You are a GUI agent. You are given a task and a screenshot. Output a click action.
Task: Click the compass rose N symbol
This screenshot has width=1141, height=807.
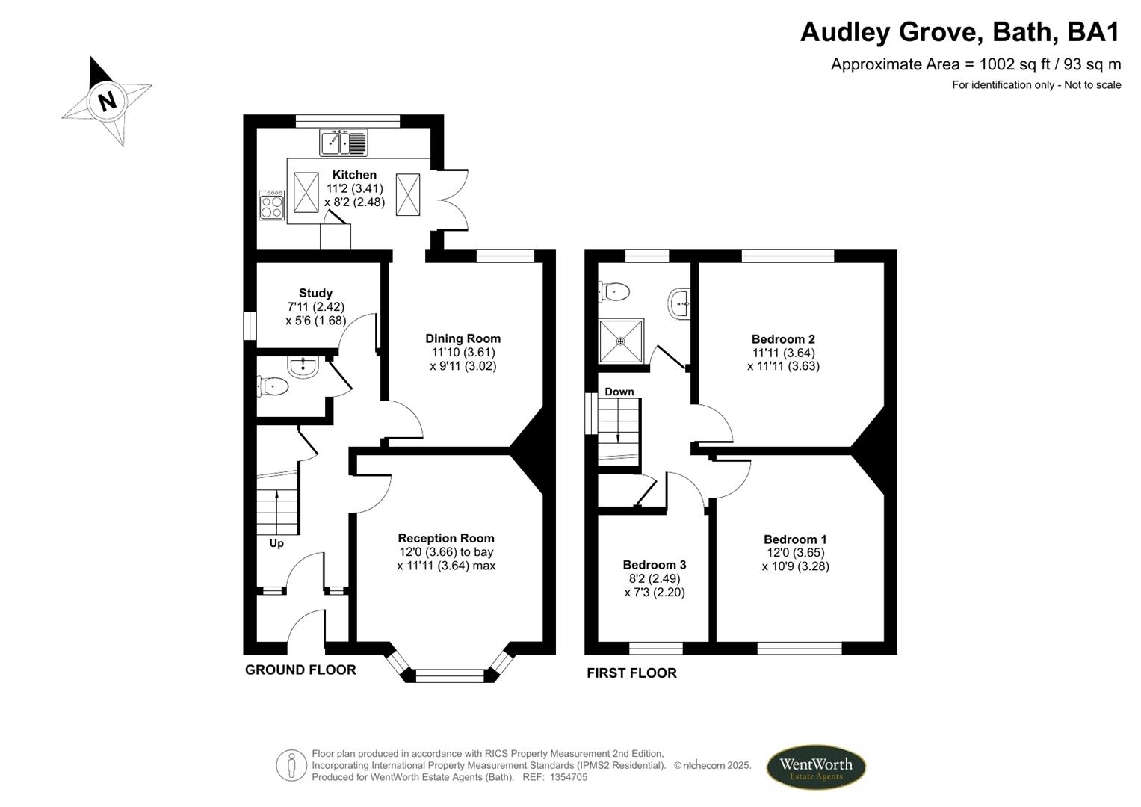click(x=108, y=100)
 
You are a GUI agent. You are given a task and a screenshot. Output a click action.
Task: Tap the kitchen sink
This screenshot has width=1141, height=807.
click(x=344, y=142)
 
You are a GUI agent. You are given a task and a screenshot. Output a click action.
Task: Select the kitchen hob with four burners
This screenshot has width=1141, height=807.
click(x=271, y=205)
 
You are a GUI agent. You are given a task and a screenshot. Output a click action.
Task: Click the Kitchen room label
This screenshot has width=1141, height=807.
click(x=354, y=175)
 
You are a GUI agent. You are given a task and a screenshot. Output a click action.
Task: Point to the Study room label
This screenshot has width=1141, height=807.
click(x=315, y=293)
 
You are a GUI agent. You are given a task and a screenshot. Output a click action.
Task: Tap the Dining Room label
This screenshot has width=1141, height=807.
click(x=463, y=338)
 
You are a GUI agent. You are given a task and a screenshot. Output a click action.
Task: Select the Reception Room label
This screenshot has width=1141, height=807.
click(x=446, y=538)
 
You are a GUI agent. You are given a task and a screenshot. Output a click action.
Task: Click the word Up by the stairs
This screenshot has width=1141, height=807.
click(x=276, y=543)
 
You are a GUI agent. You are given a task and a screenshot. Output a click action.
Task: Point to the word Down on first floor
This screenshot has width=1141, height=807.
click(x=619, y=392)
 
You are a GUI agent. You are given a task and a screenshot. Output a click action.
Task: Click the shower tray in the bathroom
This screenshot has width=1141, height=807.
click(x=620, y=341)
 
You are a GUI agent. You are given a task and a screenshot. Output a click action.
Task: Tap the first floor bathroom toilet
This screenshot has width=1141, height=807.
click(x=615, y=291)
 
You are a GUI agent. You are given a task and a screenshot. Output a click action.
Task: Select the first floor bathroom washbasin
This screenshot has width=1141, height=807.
click(x=679, y=303)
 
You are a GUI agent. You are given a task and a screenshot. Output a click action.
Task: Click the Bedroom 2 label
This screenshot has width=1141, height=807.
click(x=783, y=339)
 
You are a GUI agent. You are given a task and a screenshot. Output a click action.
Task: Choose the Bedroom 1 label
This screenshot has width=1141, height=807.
click(x=795, y=539)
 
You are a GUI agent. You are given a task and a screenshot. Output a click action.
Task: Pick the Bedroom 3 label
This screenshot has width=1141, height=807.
click(x=655, y=565)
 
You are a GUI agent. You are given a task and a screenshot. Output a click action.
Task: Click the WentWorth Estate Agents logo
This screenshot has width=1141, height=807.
click(x=815, y=767)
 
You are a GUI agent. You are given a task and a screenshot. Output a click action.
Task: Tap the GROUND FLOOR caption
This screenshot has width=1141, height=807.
click(x=300, y=670)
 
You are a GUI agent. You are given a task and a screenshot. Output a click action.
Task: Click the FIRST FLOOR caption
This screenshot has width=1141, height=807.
click(x=631, y=673)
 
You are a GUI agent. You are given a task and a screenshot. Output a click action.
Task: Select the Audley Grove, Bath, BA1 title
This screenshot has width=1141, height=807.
click(x=960, y=32)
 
